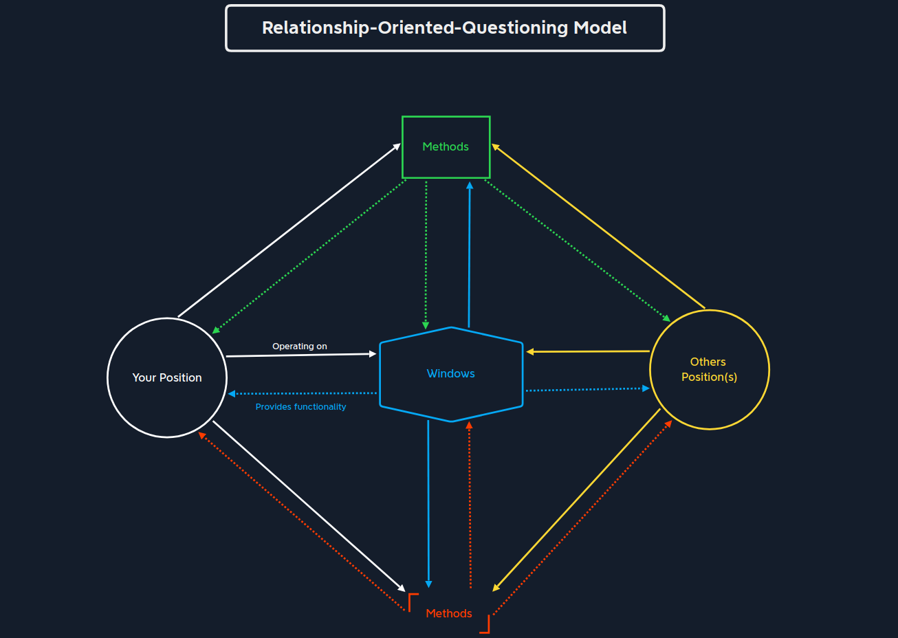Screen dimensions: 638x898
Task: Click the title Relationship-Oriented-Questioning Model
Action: coord(445,28)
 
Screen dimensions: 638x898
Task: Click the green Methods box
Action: coord(446,147)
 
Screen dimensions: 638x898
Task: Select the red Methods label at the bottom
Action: coord(449,613)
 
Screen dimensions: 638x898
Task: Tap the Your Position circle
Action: coord(167,377)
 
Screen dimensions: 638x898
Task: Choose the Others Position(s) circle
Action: coord(709,370)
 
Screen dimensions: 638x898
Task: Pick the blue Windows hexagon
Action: coord(451,374)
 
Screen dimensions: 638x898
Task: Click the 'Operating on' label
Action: coord(300,346)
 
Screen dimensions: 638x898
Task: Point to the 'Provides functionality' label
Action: coord(300,407)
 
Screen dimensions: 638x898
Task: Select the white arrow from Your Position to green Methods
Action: coord(289,231)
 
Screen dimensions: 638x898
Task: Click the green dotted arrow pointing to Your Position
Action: coord(309,256)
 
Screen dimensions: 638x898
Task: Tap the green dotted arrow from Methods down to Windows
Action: coord(426,254)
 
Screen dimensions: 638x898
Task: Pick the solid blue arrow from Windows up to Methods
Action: coord(470,254)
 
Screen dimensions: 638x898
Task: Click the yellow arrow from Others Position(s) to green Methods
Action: coord(598,226)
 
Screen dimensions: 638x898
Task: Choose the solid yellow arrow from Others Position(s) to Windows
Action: coord(588,351)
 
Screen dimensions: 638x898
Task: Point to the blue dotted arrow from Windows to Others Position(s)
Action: coord(588,390)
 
